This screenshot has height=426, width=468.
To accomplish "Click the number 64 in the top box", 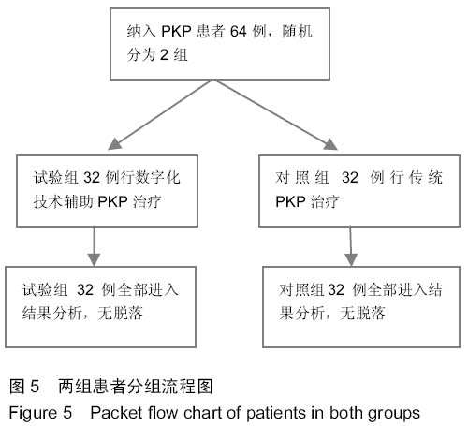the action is [239, 31].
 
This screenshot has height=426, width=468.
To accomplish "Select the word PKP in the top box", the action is [176, 31].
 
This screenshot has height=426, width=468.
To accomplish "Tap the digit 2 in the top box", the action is [164, 55].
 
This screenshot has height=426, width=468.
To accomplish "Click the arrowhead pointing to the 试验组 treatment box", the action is [114, 144].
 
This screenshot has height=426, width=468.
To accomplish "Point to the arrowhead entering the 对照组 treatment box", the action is [330, 144].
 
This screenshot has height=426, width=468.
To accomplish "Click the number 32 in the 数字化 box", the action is [92, 178].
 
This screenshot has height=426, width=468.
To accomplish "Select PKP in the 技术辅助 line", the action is [112, 201].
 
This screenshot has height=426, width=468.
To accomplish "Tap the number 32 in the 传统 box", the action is [350, 178].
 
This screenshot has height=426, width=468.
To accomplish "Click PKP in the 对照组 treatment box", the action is [290, 201].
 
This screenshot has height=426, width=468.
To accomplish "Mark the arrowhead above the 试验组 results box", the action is [94, 259].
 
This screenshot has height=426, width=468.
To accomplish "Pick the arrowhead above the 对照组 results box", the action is [351, 259].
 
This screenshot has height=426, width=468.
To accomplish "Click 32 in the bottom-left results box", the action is [85, 289].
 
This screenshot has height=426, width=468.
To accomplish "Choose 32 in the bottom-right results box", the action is [336, 290].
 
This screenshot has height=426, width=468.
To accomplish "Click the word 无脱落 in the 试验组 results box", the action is [121, 313].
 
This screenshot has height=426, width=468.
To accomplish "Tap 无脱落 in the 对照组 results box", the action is [362, 313].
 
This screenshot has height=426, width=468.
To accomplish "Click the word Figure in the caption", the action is [33, 413].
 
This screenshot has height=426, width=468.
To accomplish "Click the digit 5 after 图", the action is [35, 387].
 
